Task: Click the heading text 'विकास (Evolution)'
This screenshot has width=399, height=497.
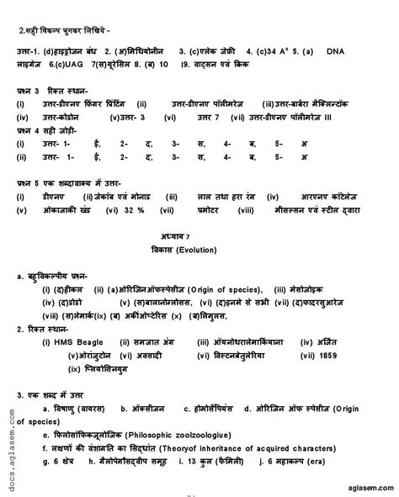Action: point(199,248)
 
